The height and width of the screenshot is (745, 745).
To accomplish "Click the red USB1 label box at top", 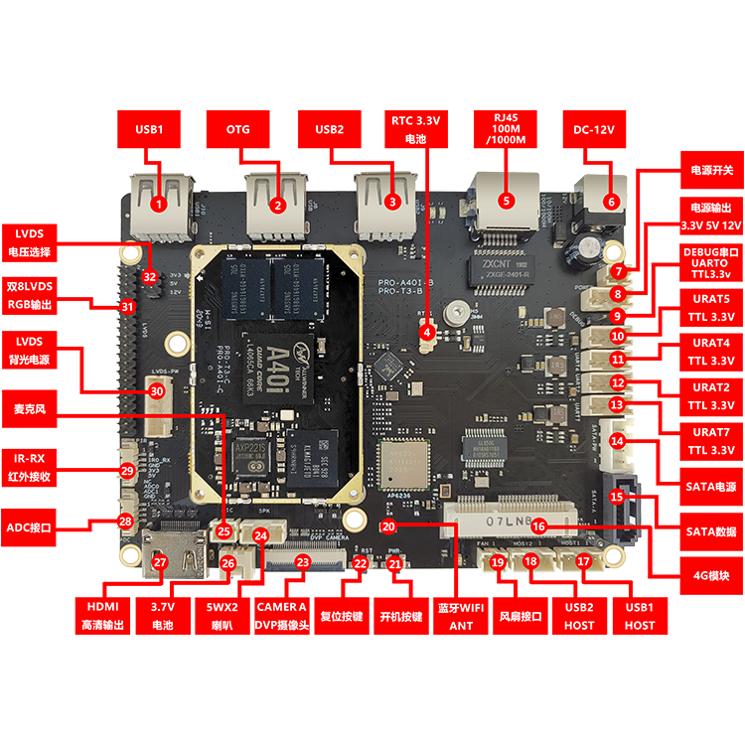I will click(148, 129).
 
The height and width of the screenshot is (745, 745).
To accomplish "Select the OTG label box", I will click(238, 129).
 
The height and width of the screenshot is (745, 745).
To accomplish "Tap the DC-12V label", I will click(594, 129).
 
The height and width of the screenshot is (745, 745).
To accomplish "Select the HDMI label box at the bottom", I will click(104, 615).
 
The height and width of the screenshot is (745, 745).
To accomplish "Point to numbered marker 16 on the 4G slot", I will click(538, 526).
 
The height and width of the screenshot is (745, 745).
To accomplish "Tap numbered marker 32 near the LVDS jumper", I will click(150, 275).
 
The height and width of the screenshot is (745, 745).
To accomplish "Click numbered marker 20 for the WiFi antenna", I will click(388, 526).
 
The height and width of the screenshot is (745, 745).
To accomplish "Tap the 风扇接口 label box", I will click(521, 615).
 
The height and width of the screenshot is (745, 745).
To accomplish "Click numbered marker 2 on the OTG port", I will click(278, 206).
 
